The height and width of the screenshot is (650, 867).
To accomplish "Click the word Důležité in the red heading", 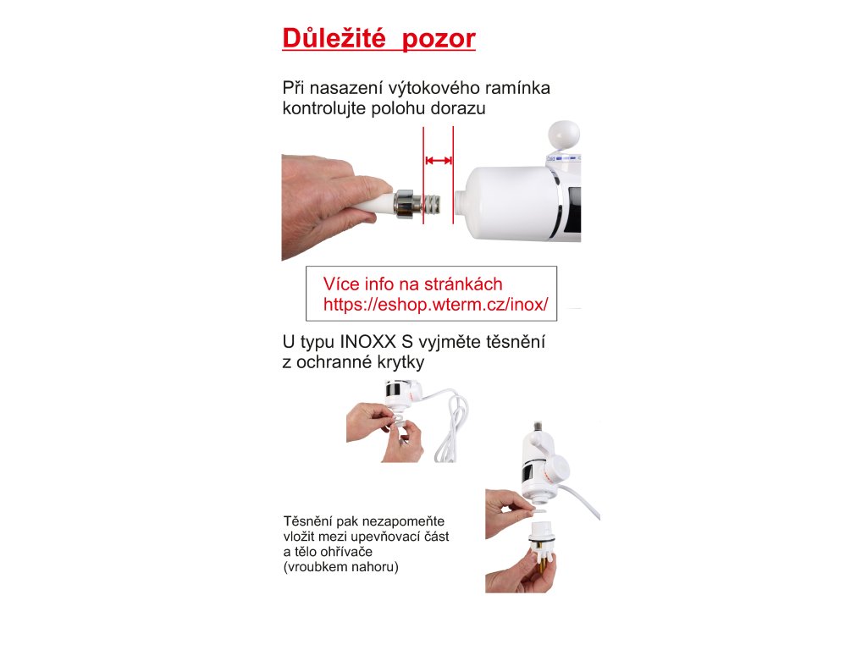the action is tap(334, 38).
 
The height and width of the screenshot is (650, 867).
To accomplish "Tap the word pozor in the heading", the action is tap(439, 40).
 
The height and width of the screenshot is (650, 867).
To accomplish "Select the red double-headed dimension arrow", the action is tap(439, 161).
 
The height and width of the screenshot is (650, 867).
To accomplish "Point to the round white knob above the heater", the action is tap(564, 136).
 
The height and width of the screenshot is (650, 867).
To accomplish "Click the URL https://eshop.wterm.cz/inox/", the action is tap(436, 304).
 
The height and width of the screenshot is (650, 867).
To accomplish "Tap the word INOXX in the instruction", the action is tap(367, 342).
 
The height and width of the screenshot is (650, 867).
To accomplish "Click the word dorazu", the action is tap(457, 108).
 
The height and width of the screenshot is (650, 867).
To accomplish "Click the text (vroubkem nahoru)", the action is tap(340, 567).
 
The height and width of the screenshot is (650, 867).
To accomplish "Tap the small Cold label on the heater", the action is tap(550, 158).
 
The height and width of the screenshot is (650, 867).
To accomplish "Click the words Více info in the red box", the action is tap(360, 284).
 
